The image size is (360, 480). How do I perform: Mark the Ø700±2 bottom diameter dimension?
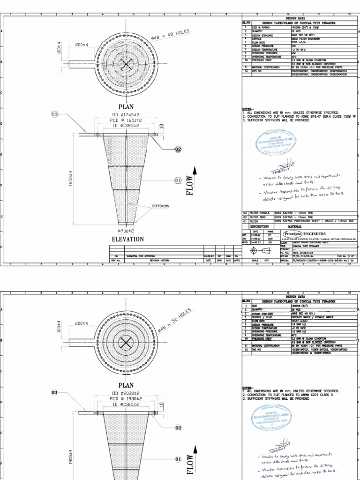[x=126, y=231]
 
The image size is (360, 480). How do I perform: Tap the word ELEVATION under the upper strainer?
[x=127, y=239]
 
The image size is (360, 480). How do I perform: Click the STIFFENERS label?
[x=160, y=206]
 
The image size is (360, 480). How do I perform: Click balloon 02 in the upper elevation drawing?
[x=178, y=149]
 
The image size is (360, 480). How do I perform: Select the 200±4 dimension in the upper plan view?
[x=82, y=45]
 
